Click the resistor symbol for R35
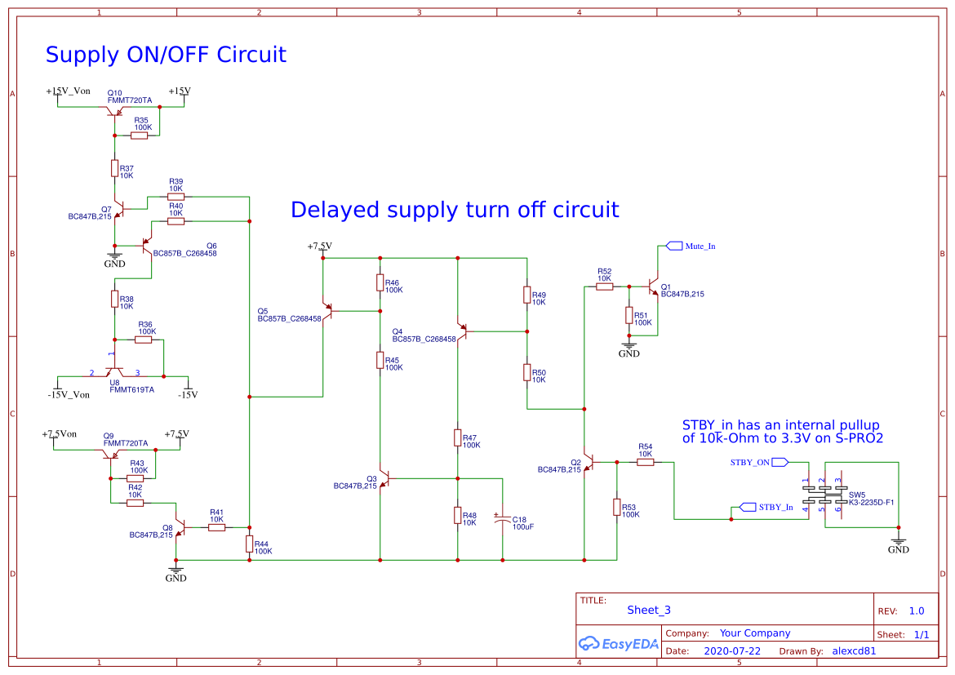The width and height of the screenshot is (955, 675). coord(139,135)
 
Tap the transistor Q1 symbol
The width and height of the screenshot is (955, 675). coord(653,286)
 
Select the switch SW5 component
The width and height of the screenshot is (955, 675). coord(825,495)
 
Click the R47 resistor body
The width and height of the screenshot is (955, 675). coord(457,438)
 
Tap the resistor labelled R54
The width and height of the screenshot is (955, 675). coord(645,463)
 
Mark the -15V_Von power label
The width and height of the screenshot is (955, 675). coord(69,394)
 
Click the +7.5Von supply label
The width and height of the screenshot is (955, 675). coord(59,434)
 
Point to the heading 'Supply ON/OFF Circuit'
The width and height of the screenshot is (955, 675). coord(166,55)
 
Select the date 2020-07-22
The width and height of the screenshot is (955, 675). coord(731,651)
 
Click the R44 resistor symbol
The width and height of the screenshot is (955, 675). coord(249,544)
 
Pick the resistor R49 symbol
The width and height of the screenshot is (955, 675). coord(527,295)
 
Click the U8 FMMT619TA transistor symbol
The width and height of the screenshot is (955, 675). coord(114,371)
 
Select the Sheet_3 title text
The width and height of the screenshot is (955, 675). coord(649,610)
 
